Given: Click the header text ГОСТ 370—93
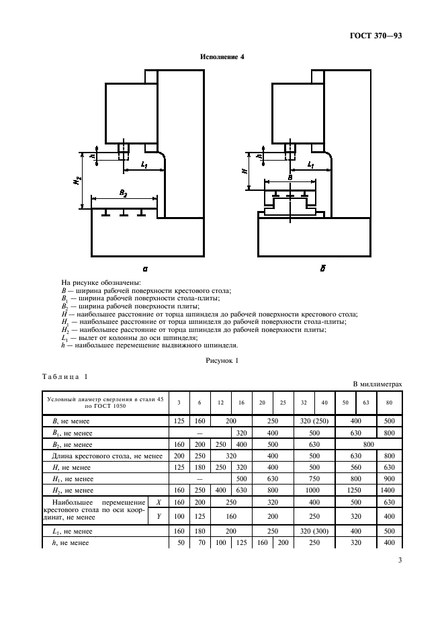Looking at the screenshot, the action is coord(375,36).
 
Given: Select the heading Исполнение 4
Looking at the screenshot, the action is coord(222,56).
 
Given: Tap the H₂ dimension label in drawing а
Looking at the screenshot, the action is coord(77,181).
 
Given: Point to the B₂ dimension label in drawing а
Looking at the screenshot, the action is coord(123,193).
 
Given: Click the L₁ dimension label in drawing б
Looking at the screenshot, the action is coord(310,165).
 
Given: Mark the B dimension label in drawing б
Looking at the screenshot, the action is coord(290,177).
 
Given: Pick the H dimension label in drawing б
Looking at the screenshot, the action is coord(245,171).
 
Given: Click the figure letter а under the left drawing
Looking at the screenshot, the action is coord(145,268).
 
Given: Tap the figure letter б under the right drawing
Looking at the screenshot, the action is coord(322,268).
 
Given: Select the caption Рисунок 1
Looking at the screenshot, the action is coord(222,361).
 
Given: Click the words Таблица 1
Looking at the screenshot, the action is coord(65,377).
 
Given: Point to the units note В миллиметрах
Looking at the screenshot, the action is coord(378,384).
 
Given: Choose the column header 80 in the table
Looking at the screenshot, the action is coord(389,403).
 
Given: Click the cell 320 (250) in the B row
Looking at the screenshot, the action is coord(314,421).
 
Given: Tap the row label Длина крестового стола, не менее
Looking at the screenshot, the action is coord(107,456).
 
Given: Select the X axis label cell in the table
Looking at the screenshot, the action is coord(159,502).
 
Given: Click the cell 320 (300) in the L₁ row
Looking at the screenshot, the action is coord(314,531).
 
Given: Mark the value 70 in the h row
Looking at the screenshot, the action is coord(199,543).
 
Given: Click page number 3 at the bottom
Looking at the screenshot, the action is coord(400,560).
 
